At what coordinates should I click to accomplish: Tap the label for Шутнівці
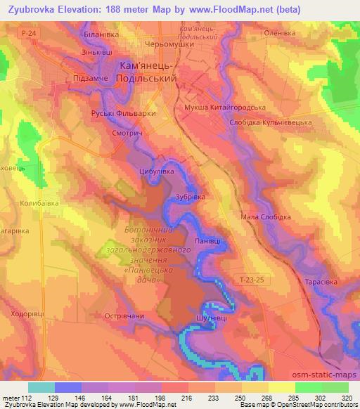click(x=208, y=318)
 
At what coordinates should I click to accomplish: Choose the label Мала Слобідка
click(x=265, y=217)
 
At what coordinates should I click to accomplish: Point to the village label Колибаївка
click(x=39, y=202)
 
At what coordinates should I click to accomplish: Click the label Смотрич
click(x=129, y=131)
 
